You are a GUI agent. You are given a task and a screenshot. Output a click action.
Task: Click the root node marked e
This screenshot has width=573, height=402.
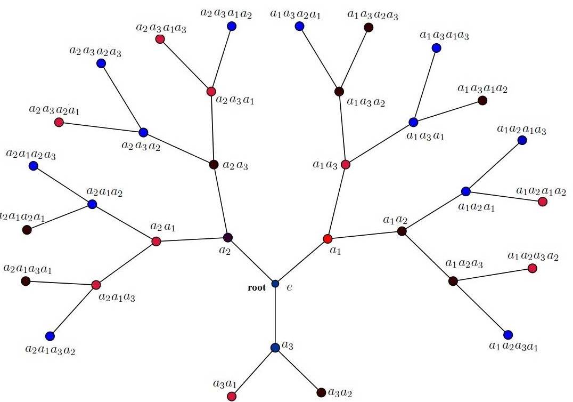(x=275, y=283)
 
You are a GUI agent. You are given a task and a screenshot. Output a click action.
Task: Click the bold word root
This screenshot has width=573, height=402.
(x=256, y=288)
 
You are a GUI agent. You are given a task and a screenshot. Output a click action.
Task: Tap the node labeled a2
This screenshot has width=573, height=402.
(x=228, y=237)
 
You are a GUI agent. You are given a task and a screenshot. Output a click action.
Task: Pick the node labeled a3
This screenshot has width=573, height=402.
(x=275, y=348)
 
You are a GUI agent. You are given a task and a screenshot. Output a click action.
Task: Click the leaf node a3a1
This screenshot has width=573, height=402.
(x=232, y=396)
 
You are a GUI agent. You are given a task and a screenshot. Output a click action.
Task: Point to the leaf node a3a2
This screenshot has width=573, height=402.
(x=321, y=393)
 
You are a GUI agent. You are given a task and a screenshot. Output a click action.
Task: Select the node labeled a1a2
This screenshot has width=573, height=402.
(x=402, y=231)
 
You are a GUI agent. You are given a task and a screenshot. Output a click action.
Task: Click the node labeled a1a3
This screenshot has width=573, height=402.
(x=345, y=164)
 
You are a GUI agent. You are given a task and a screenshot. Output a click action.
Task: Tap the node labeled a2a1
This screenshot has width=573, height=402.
(x=156, y=242)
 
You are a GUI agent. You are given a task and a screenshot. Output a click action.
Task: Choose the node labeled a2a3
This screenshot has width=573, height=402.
(x=214, y=165)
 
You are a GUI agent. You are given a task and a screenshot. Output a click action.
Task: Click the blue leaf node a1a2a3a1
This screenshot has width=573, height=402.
(x=508, y=335)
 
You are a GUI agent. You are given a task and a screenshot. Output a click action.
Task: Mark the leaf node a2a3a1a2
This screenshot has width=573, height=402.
(x=231, y=26)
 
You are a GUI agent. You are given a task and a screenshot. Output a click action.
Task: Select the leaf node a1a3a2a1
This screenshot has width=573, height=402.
(x=299, y=26)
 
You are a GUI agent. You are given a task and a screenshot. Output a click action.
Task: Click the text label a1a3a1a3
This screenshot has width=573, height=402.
(x=444, y=36)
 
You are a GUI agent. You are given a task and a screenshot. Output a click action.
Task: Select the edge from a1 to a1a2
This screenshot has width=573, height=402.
(x=365, y=235)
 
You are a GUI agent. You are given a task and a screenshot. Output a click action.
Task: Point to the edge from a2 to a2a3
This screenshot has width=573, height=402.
(x=220, y=201)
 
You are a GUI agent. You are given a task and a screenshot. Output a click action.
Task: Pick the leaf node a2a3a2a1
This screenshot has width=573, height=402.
(x=59, y=123)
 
